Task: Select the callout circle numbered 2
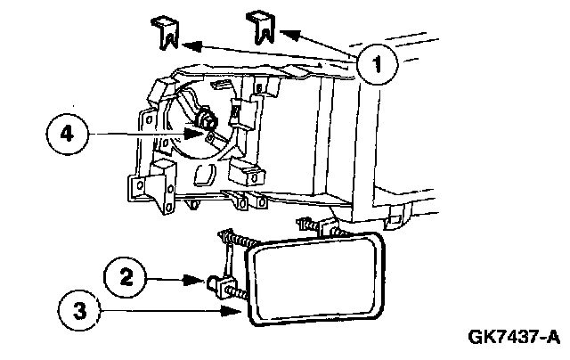pos(126,276)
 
